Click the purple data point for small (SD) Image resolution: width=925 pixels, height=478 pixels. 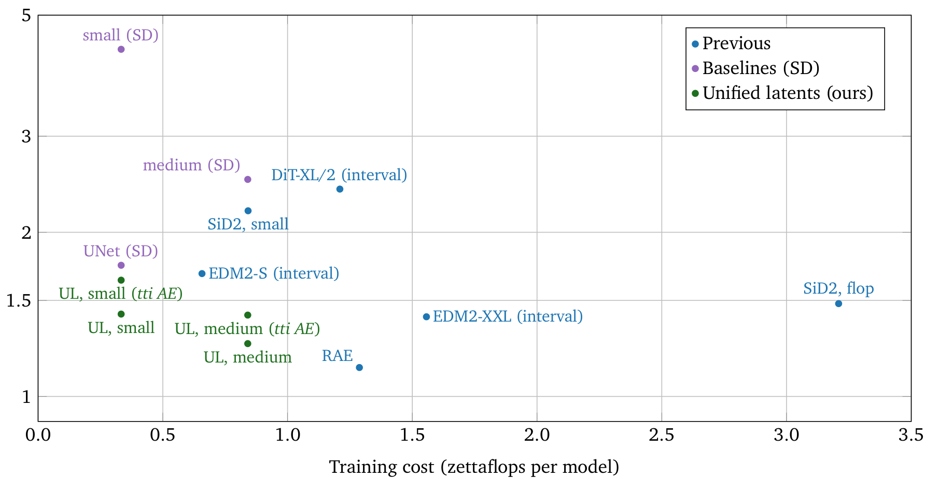[121, 49]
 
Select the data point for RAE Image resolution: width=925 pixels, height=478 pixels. [359, 368]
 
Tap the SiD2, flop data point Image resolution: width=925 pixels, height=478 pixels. [838, 303]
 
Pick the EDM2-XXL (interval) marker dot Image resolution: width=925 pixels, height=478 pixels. [426, 317]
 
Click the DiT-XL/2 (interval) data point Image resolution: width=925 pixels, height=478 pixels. [340, 189]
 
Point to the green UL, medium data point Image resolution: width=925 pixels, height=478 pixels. [248, 344]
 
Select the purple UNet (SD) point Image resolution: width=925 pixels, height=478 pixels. [121, 265]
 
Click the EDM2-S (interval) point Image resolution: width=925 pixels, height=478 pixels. [202, 273]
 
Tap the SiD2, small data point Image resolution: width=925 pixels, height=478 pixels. [248, 211]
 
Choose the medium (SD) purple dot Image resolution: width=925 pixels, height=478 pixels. [248, 179]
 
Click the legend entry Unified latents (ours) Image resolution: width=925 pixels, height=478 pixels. [787, 93]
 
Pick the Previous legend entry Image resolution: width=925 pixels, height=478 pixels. [736, 44]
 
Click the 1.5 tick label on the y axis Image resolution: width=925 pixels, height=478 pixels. [19, 301]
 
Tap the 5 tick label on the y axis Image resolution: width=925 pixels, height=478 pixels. [26, 16]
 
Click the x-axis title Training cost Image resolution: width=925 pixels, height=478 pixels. [474, 467]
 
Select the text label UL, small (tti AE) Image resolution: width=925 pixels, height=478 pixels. [121, 294]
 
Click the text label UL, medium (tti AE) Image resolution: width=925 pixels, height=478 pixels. [247, 329]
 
